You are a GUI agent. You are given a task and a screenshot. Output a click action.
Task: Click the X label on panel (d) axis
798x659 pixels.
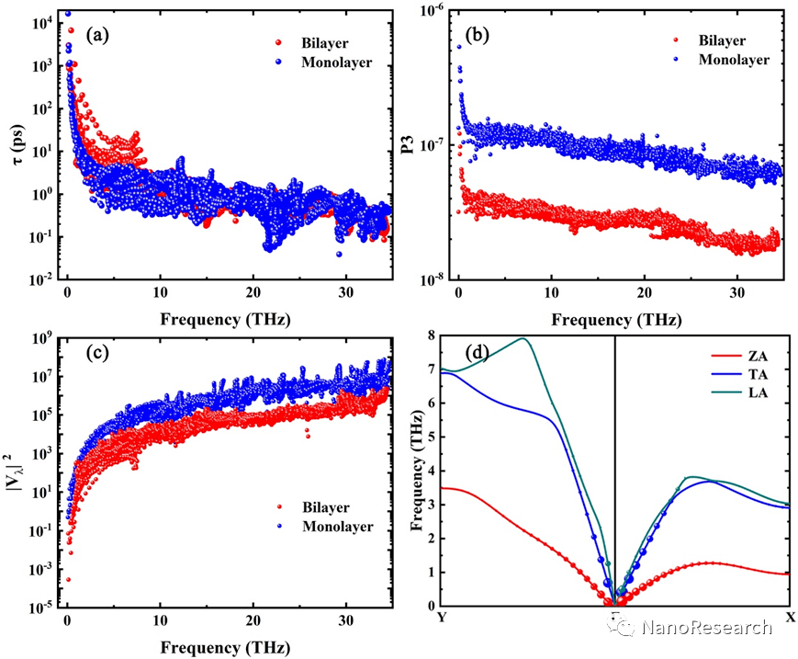(x=791, y=616)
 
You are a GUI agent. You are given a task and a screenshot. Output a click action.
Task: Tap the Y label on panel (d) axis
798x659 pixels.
(x=442, y=616)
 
